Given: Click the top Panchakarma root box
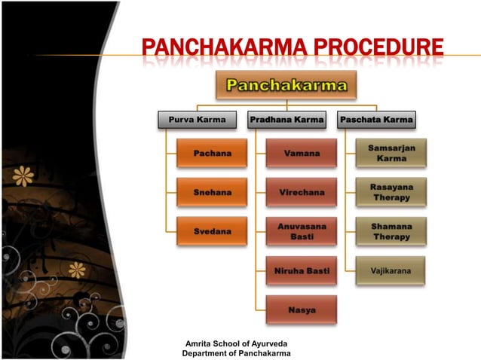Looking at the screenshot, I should [x=286, y=85].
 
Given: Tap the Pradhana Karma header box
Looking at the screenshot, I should [x=286, y=119].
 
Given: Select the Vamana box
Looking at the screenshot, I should [x=302, y=153].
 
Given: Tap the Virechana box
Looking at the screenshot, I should [x=302, y=192].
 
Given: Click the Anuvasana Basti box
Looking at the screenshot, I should [x=302, y=230].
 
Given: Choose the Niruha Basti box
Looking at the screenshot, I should [x=302, y=270].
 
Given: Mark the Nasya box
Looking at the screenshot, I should [x=302, y=310].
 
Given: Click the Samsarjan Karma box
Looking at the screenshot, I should [x=391, y=153].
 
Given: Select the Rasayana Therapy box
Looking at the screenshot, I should [x=391, y=192].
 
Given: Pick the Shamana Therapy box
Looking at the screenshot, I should [x=391, y=230].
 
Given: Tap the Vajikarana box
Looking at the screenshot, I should [x=391, y=270].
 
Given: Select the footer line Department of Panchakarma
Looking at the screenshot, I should [x=236, y=353].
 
